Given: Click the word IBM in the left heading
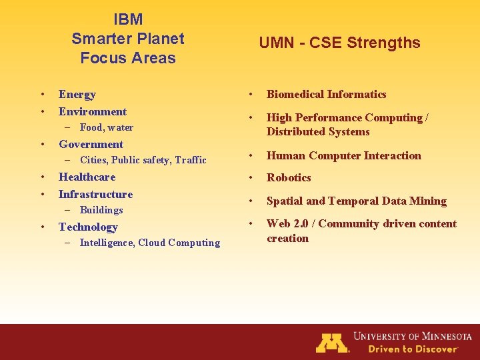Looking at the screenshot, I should coord(128,20).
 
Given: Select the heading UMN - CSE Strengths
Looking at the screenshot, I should coord(339,43).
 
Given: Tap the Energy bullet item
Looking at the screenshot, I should coord(77,95).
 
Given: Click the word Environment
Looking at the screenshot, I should coord(93,111).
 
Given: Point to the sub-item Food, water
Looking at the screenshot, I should coord(106,127).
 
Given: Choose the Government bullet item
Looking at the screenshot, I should coord(91,144).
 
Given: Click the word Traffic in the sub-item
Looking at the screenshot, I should coord(191,160).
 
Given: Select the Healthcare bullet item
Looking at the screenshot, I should coord(87,177).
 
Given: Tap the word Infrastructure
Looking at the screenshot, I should coord(96,194).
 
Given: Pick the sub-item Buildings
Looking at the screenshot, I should coord(101,210).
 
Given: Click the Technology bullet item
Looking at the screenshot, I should coord(88,227).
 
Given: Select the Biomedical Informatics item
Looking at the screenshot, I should coord(327,95).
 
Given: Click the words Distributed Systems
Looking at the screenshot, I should coord(318,132).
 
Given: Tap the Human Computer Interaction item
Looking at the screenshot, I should coord(344,156).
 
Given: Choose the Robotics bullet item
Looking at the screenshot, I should coord(289,178).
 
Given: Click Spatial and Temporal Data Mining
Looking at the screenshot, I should coord(357,201).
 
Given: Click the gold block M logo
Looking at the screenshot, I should coord(332,342).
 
